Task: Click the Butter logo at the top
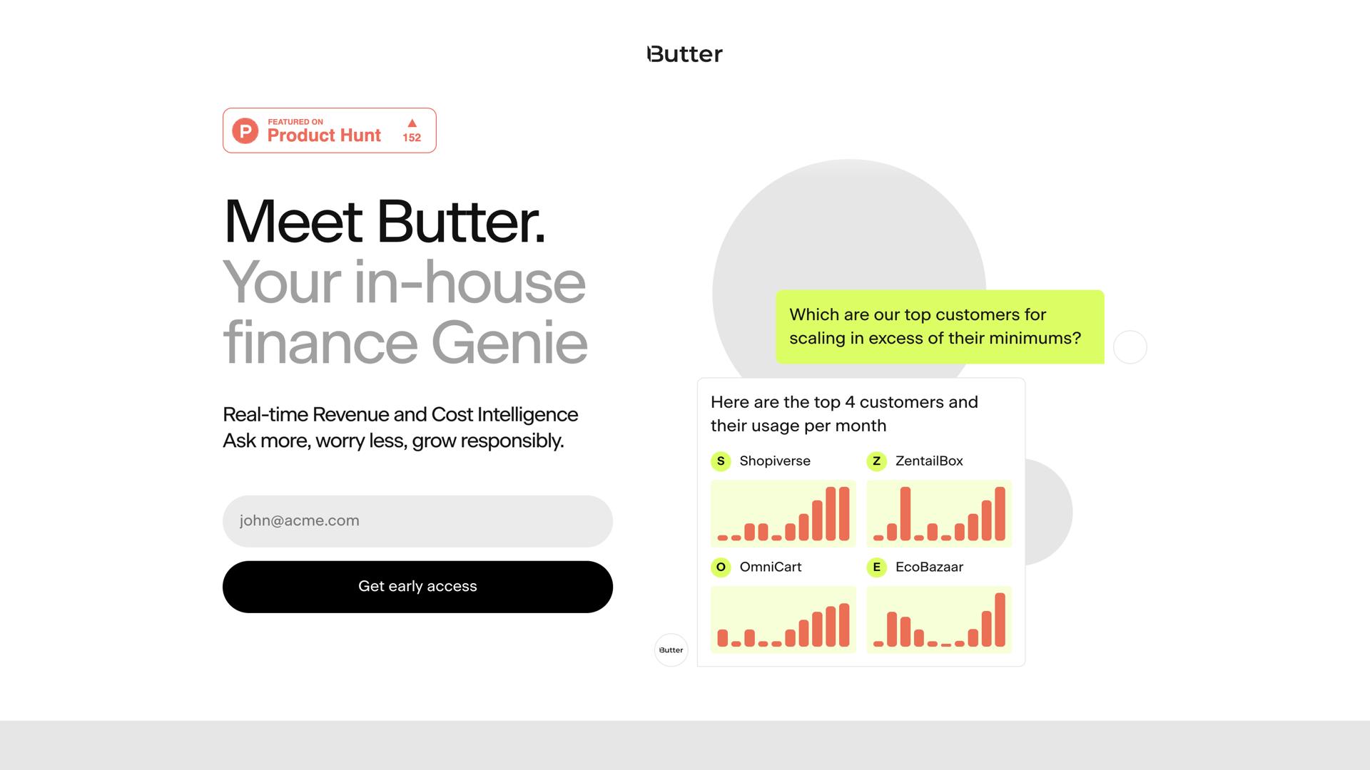(684, 54)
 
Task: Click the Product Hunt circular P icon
(245, 130)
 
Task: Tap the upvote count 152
(412, 138)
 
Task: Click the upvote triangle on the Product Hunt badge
(412, 123)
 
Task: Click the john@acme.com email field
(417, 521)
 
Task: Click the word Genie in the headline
(509, 344)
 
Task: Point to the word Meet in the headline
(293, 222)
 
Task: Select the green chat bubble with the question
(939, 327)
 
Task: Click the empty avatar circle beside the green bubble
(1130, 347)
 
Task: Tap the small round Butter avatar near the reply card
(671, 650)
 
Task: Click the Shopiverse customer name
(774, 461)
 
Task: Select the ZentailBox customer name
(929, 461)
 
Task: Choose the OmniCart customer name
(770, 567)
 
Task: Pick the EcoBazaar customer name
(929, 567)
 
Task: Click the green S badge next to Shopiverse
(721, 461)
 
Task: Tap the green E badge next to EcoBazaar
(876, 567)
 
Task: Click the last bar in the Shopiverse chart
(844, 513)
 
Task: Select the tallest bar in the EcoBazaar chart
(1000, 620)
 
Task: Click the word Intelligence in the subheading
(527, 415)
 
